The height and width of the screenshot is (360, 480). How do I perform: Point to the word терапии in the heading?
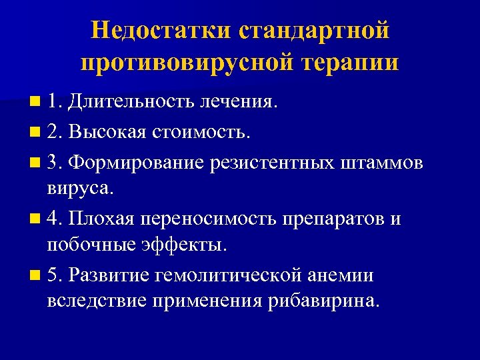(351, 63)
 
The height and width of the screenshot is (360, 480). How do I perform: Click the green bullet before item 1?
(34, 102)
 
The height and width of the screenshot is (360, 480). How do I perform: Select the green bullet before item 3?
(34, 161)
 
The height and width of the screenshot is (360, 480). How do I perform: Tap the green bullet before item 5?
(34, 274)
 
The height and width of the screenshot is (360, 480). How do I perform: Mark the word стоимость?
(203, 131)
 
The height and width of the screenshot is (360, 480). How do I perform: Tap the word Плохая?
(105, 218)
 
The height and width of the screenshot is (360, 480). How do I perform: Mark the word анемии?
(341, 274)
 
